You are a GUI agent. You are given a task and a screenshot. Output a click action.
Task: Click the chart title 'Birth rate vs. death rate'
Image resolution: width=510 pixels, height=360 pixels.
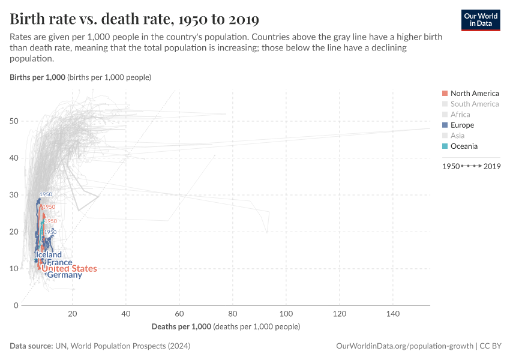pos(134,19)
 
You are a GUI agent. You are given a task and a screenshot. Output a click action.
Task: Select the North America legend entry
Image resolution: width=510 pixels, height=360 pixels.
pos(474,93)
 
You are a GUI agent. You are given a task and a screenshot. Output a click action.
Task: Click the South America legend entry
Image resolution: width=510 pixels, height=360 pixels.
pos(474,104)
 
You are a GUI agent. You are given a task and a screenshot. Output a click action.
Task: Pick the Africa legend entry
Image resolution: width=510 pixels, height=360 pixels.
pos(460,115)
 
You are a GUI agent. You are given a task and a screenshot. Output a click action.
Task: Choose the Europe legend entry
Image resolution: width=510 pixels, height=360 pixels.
pos(462,125)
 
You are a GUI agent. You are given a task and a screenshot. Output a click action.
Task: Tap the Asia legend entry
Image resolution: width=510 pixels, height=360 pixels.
pos(457,136)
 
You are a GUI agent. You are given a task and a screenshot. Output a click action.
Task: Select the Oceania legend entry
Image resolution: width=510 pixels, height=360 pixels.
pos(464,146)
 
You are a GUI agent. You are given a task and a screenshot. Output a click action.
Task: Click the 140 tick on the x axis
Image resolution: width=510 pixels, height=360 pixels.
pos(393,314)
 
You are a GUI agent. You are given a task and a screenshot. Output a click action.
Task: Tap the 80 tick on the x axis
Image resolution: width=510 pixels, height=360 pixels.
pos(233,314)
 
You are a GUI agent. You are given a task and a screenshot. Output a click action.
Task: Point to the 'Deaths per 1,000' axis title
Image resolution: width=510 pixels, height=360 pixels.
pos(181,326)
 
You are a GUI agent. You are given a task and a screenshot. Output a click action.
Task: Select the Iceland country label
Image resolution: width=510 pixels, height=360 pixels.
pos(49,255)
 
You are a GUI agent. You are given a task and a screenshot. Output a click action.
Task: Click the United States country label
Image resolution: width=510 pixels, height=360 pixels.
pos(69,269)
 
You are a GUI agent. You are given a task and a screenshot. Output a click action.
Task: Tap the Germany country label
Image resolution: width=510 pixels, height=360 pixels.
pos(64,275)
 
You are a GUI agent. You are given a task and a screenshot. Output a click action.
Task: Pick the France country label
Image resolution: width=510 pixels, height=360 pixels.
pos(59,262)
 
